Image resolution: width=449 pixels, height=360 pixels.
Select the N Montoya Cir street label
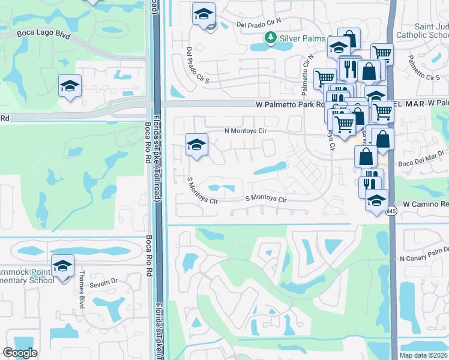coord(245,130)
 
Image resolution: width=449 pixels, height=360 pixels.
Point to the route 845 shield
coord(391,211)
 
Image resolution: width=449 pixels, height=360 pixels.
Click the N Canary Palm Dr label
coord(424,259)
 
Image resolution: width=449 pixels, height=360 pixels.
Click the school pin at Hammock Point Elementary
coord(62,267)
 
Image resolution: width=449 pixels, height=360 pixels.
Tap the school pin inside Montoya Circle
coord(196,145)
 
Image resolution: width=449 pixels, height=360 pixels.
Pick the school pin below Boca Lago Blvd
coord(70,86)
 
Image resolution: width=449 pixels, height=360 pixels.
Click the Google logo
coord(20,353)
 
